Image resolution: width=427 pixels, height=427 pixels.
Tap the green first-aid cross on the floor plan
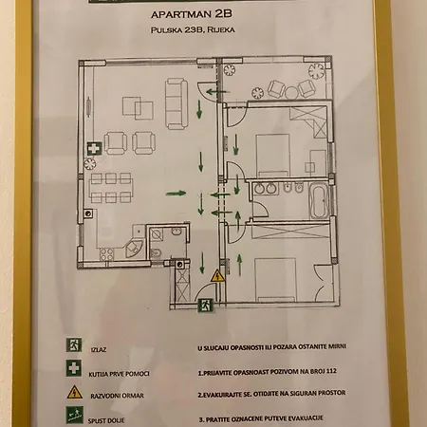(x=94, y=150)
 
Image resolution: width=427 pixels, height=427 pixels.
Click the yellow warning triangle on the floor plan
(x=217, y=276)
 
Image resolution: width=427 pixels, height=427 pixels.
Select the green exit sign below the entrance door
(x=203, y=305)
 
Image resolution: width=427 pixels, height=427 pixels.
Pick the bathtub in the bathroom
(x=318, y=199)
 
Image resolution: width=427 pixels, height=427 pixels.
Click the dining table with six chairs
(x=110, y=188)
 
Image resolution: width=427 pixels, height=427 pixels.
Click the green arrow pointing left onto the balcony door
(x=213, y=93)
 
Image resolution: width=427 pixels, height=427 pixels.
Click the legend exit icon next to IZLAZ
(x=72, y=347)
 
